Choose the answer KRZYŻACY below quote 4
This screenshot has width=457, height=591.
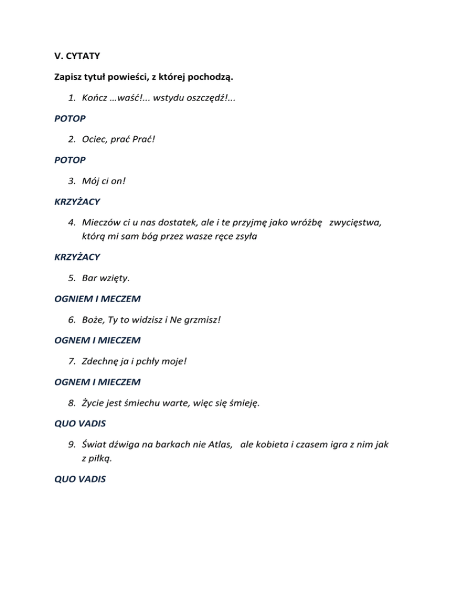pos(74,257)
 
